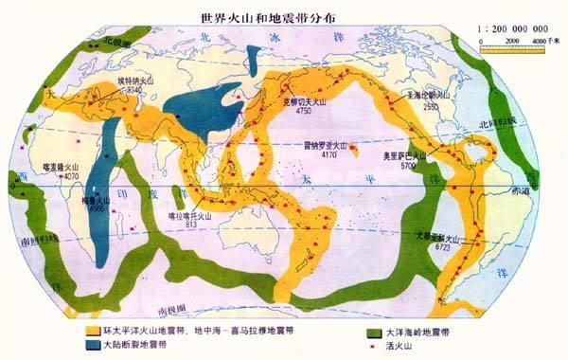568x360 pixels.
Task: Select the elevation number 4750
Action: (x=304, y=112)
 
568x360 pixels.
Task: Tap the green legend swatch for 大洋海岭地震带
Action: (x=355, y=333)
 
